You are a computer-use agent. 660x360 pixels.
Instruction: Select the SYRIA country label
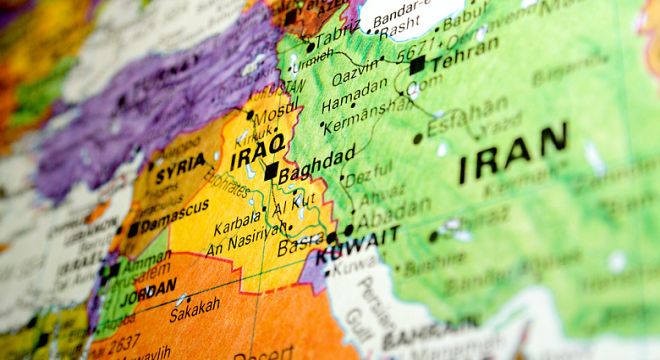[180, 164]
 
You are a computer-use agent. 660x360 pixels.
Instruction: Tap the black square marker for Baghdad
[271, 171]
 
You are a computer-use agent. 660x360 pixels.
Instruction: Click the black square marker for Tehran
[417, 66]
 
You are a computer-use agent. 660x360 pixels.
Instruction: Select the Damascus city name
[174, 218]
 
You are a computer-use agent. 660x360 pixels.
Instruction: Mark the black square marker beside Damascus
[133, 229]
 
